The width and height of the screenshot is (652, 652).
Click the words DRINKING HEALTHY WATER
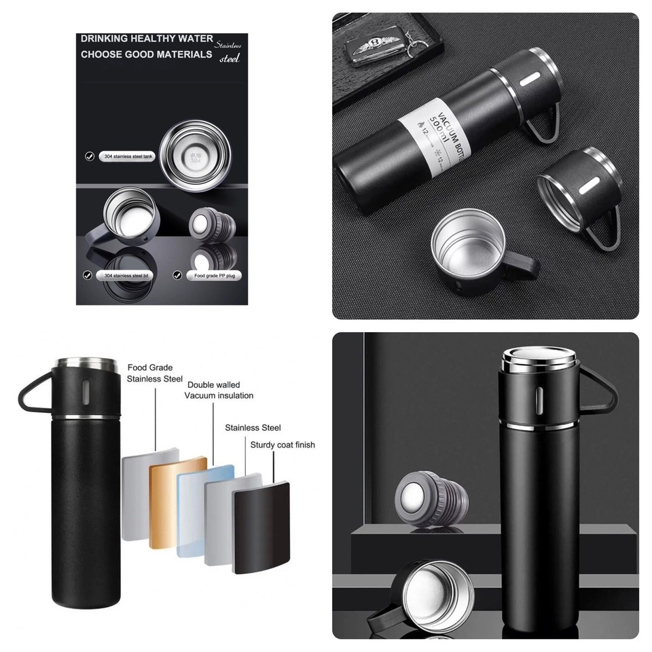[x=147, y=39]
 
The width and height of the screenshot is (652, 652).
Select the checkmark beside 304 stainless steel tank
[x=89, y=156]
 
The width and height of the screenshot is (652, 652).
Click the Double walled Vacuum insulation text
[x=219, y=390]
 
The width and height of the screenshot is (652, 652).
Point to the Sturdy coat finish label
[x=283, y=445]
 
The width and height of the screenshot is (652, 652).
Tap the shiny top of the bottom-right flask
[x=540, y=358]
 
